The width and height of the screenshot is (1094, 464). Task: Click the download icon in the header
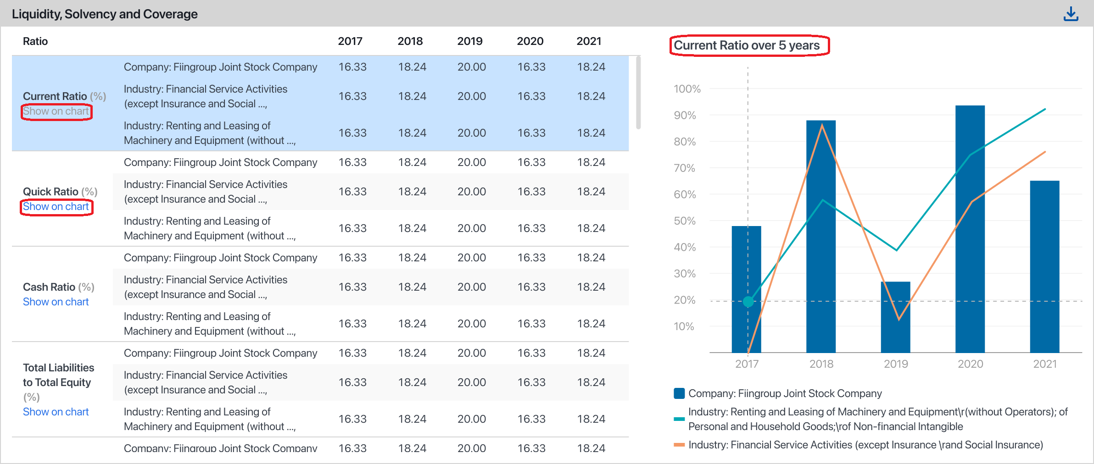1071,14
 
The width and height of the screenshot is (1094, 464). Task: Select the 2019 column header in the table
469,41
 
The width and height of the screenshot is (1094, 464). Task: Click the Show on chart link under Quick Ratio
56,207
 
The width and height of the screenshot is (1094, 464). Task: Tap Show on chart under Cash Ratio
56,302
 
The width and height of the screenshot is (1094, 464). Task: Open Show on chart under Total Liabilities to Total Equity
56,412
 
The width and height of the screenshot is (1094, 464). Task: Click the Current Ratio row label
55,96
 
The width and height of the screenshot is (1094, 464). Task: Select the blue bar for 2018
820,238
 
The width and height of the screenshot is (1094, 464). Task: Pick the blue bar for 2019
895,316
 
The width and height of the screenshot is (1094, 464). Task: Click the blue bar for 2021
1044,266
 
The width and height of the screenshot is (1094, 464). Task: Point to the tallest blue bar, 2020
970,229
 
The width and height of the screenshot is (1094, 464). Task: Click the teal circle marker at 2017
748,301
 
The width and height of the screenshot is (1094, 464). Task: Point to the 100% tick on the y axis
687,89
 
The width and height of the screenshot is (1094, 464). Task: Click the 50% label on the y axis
685,221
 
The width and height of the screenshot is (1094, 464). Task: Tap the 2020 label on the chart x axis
970,364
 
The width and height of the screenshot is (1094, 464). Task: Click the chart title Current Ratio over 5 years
747,45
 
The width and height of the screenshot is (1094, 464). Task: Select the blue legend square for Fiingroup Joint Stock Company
679,393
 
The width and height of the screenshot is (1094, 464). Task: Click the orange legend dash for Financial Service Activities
679,445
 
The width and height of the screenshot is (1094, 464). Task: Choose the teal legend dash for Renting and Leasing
679,419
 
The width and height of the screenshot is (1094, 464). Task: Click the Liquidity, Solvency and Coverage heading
105,14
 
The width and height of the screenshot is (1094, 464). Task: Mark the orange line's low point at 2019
899,319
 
